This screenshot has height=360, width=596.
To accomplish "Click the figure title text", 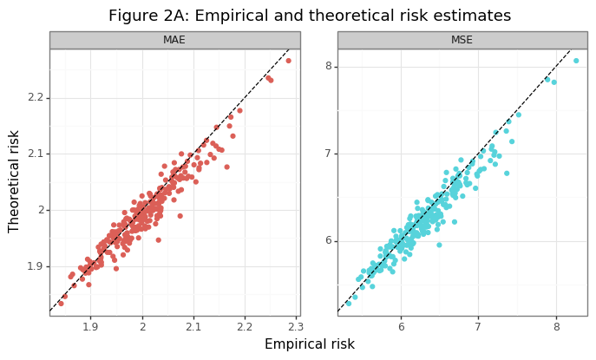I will click(x=298, y=16).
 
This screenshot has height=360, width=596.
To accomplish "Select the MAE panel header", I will click(x=174, y=40).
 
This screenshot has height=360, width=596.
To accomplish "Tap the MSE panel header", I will click(x=462, y=40).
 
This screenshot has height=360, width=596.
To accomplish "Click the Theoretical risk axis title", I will click(x=14, y=181).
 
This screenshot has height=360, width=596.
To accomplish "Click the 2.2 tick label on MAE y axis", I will click(x=36, y=97).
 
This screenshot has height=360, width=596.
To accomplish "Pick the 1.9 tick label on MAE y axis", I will click(x=36, y=266).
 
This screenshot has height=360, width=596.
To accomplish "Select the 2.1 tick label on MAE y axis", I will click(x=36, y=154).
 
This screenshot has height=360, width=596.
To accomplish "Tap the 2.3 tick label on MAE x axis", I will click(x=296, y=327).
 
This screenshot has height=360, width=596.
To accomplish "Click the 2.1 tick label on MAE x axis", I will click(x=193, y=327).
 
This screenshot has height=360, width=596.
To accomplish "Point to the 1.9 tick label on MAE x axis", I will click(x=90, y=327).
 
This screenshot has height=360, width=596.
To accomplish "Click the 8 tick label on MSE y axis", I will click(x=329, y=66).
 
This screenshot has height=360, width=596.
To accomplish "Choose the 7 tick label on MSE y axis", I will click(x=329, y=154).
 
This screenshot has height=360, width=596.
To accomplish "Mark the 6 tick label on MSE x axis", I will click(x=401, y=327).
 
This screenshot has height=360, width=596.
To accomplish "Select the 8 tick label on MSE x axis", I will click(x=556, y=327).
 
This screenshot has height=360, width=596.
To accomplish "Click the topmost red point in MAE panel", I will click(x=289, y=61).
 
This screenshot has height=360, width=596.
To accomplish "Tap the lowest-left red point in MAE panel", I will click(x=61, y=304).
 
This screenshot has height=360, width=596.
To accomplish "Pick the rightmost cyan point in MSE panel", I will click(x=576, y=61).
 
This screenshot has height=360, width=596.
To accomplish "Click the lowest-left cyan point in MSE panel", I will click(x=349, y=304).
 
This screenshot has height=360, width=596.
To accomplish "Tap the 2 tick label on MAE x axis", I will click(x=142, y=327).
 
